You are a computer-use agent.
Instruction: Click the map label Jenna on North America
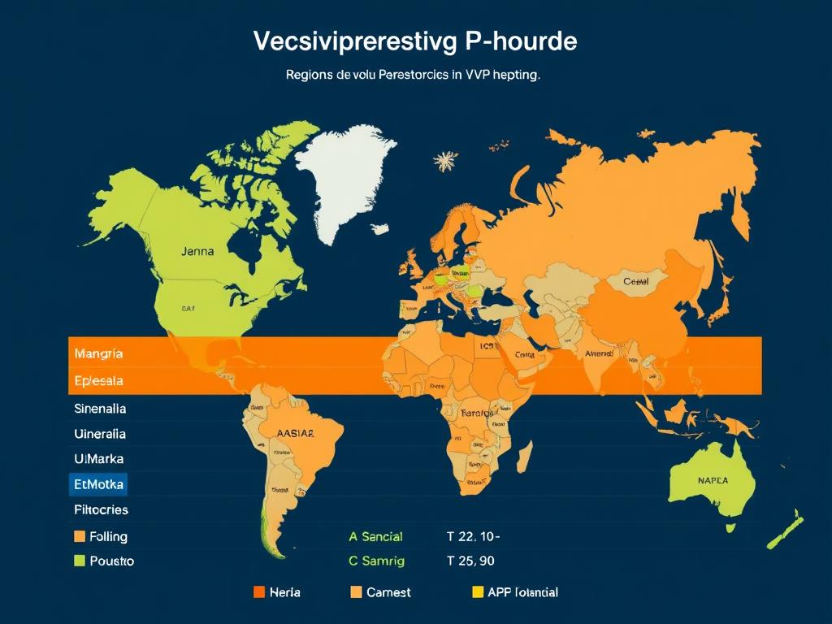point(198,251)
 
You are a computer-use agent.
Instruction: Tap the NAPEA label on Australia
point(713,480)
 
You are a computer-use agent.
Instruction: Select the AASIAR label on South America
point(295,433)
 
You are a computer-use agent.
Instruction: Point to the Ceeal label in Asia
point(635,281)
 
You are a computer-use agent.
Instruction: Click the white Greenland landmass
point(347,179)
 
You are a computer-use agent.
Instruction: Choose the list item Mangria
point(98,353)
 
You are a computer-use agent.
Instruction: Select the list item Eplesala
point(98,380)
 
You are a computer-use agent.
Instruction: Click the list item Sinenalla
point(99,408)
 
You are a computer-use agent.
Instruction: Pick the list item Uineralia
point(99,434)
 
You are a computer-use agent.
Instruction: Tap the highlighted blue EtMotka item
point(98,485)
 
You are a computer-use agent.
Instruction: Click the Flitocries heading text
point(101,510)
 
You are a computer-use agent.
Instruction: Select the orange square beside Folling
point(80,536)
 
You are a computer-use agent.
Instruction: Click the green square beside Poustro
point(80,561)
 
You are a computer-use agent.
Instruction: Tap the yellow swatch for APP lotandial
point(478,592)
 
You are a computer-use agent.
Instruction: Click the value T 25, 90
point(470,561)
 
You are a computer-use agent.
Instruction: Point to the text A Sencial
point(375,536)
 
